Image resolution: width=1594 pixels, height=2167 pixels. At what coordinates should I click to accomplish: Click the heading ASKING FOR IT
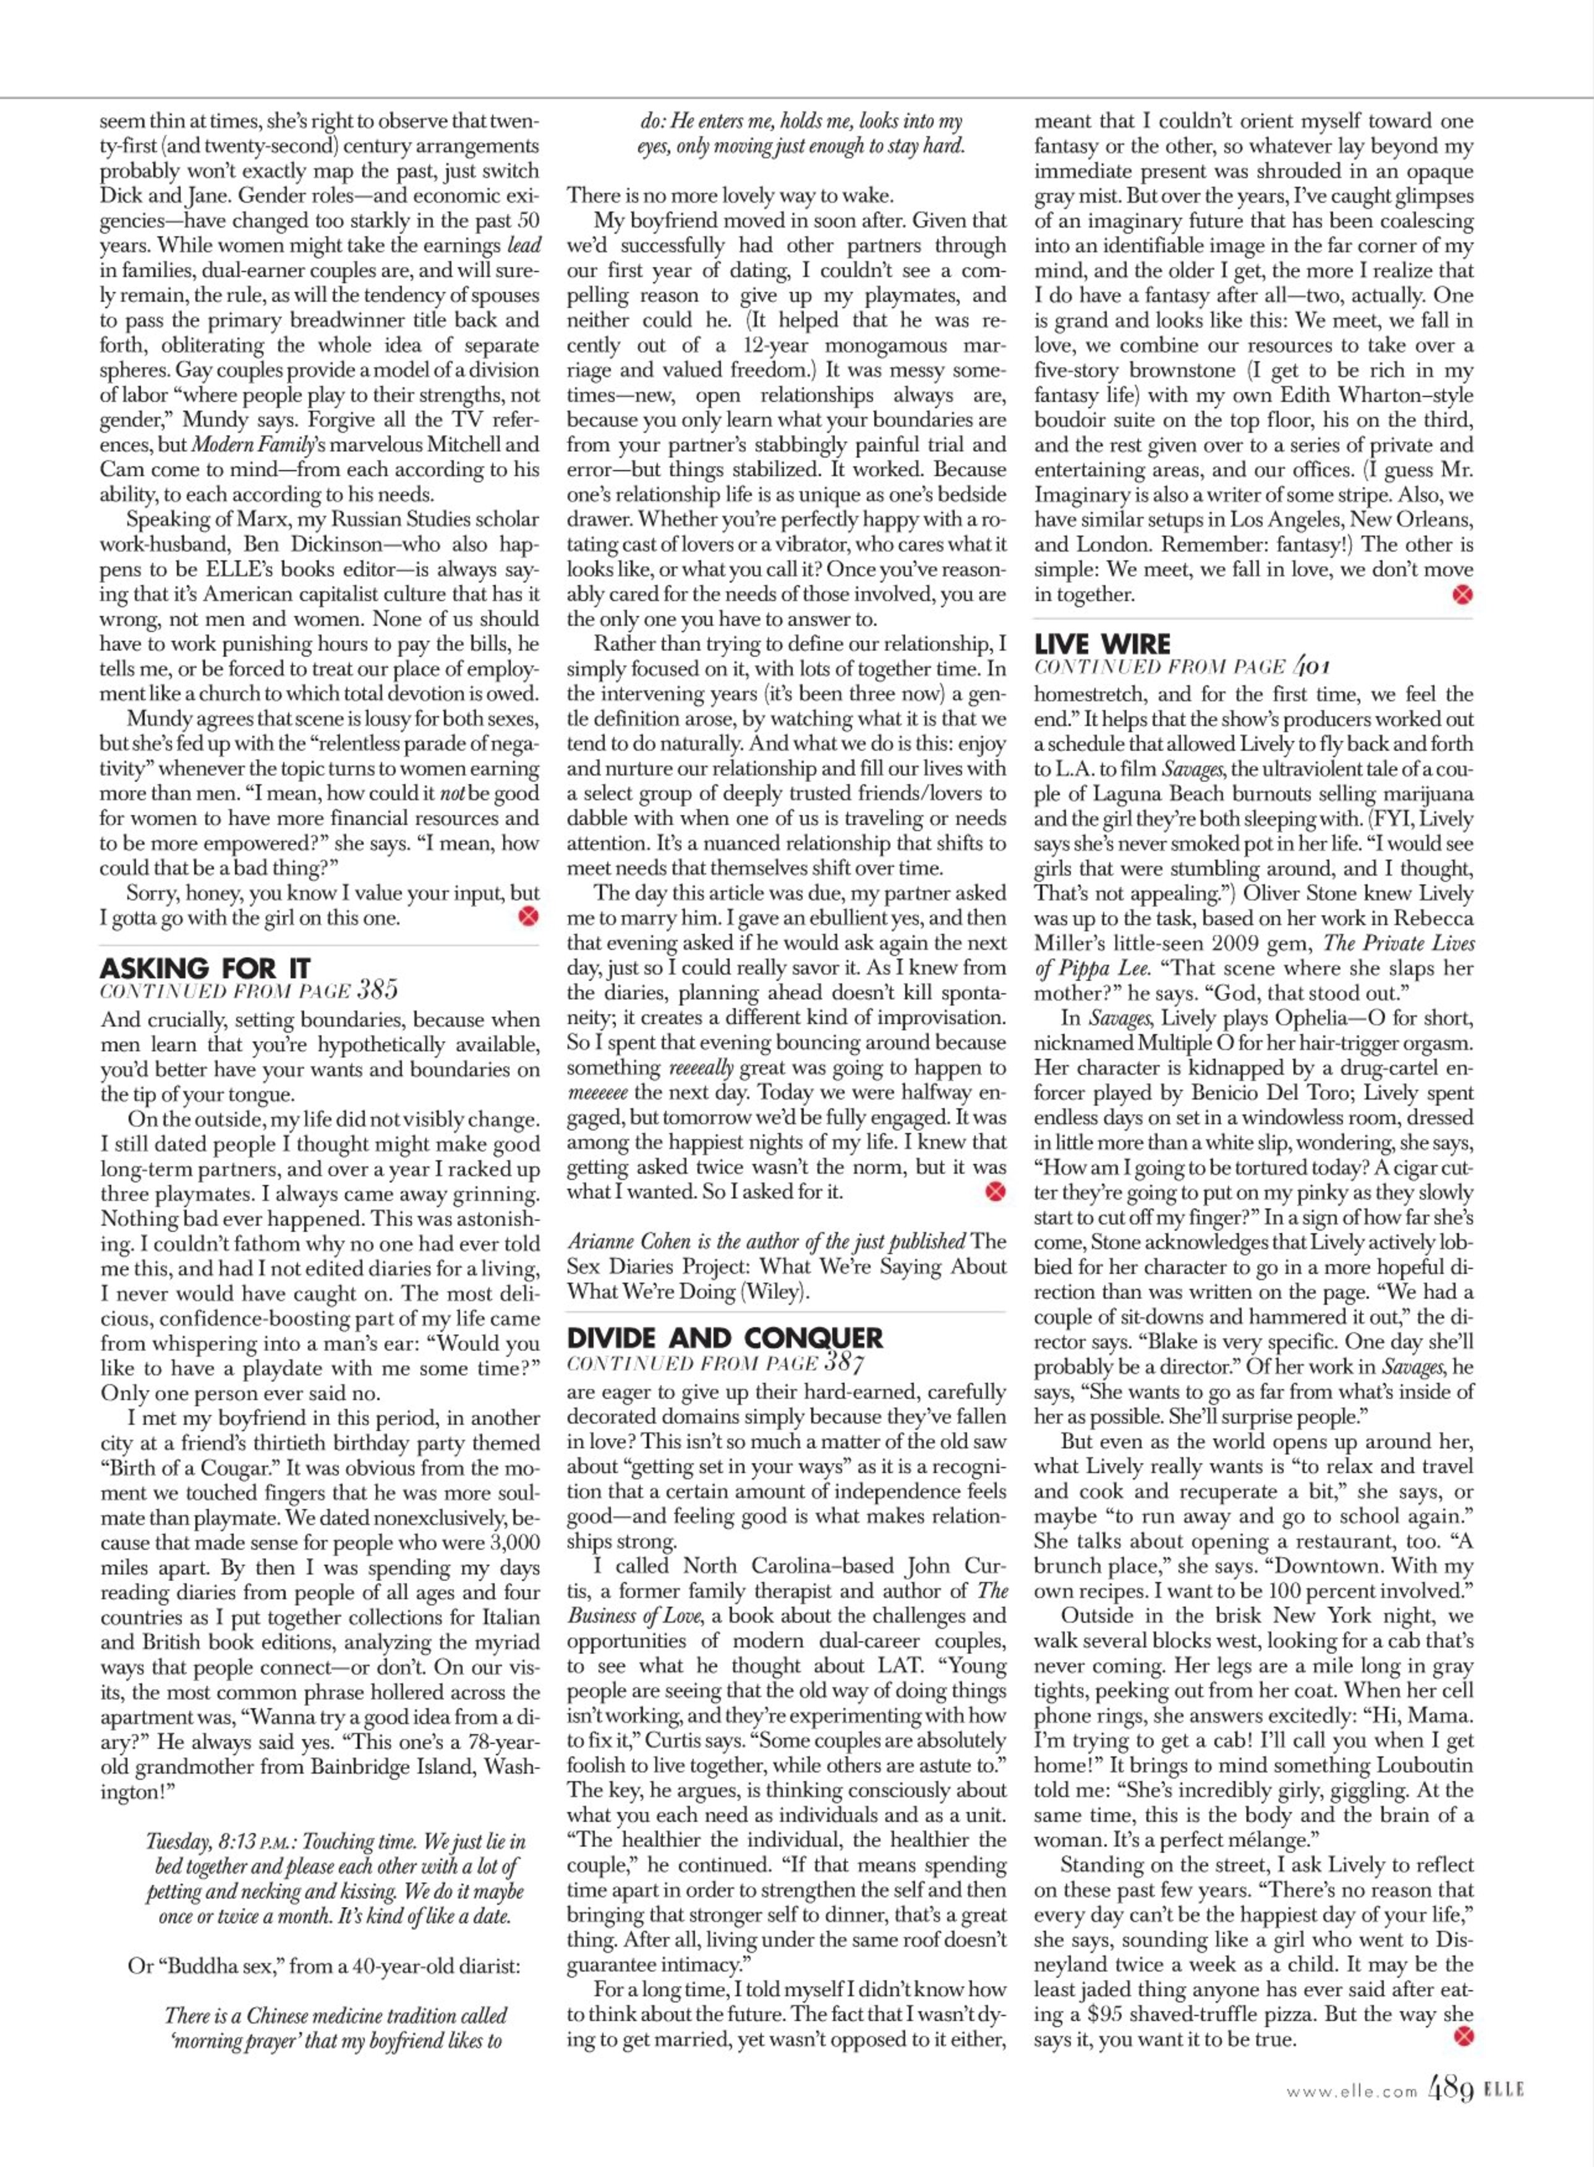205,968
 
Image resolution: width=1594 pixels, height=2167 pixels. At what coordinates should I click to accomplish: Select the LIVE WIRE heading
1102,644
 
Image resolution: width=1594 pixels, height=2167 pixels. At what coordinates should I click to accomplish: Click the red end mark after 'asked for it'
995,1192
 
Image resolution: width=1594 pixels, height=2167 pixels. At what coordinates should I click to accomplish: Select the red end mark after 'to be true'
1463,2038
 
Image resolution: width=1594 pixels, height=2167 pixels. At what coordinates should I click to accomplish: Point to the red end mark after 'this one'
528,917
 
